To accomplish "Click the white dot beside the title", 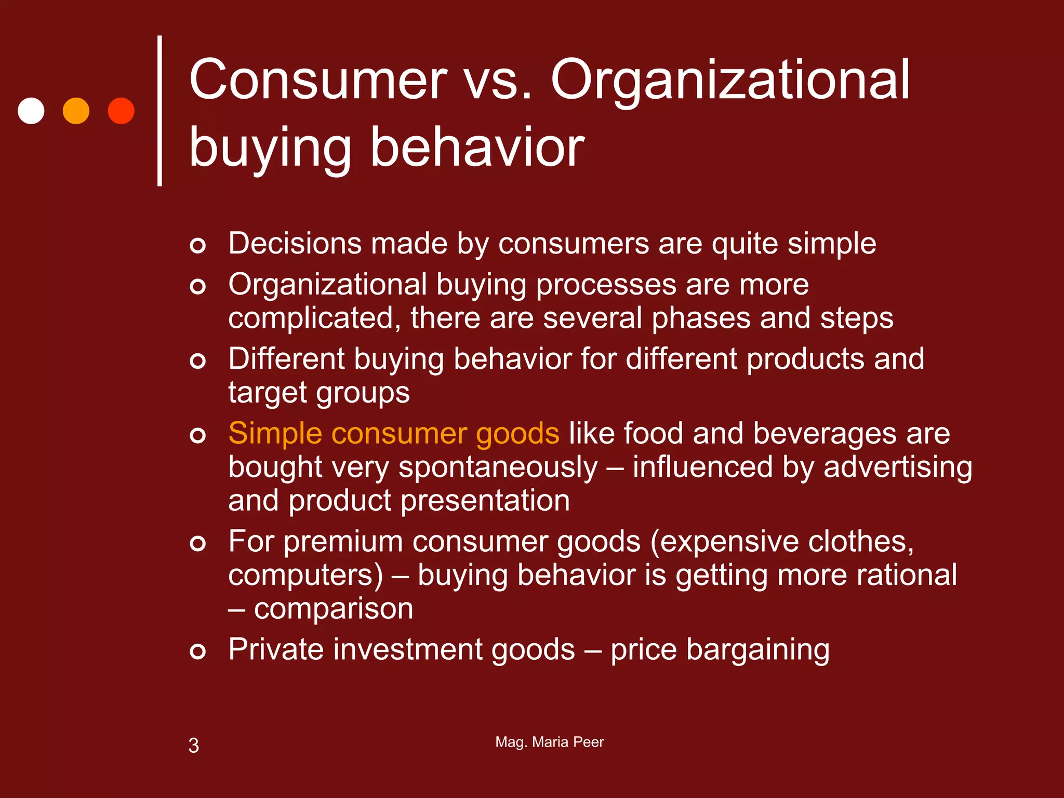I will pyautogui.click(x=31, y=111).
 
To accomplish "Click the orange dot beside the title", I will pyautogui.click(x=76, y=111).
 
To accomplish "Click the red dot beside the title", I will pyautogui.click(x=121, y=111).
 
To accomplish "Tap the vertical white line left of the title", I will pyautogui.click(x=159, y=111).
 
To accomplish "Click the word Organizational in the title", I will pyautogui.click(x=729, y=81).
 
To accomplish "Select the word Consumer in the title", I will pyautogui.click(x=318, y=81).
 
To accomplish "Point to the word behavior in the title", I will pyautogui.click(x=477, y=148).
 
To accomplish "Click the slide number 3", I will pyautogui.click(x=193, y=746).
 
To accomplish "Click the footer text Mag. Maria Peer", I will pyautogui.click(x=549, y=742).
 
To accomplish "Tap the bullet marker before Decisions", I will pyautogui.click(x=197, y=245).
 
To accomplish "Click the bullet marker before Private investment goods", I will pyautogui.click(x=197, y=650).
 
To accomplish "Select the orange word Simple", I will pyautogui.click(x=275, y=434).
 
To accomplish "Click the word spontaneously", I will pyautogui.click(x=498, y=468).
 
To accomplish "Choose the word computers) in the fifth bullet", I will pyautogui.click(x=305, y=576).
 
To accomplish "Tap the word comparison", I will pyautogui.click(x=333, y=609).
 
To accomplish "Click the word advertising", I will pyautogui.click(x=897, y=468).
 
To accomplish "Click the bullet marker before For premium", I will pyautogui.click(x=197, y=543).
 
